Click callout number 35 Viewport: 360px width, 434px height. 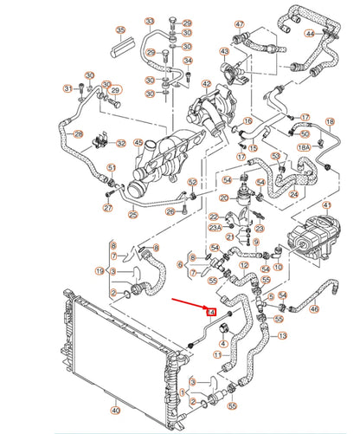pyautogui.click(x=120, y=30)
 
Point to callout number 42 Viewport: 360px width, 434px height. pyautogui.click(x=206, y=84)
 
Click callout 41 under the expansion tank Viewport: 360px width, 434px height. pyautogui.click(x=326, y=205)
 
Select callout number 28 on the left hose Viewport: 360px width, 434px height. pyautogui.click(x=78, y=134)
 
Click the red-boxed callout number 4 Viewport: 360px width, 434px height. pyautogui.click(x=210, y=309)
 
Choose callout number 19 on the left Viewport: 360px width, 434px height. pyautogui.click(x=100, y=272)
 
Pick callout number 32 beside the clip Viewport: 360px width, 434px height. pyautogui.click(x=121, y=144)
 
